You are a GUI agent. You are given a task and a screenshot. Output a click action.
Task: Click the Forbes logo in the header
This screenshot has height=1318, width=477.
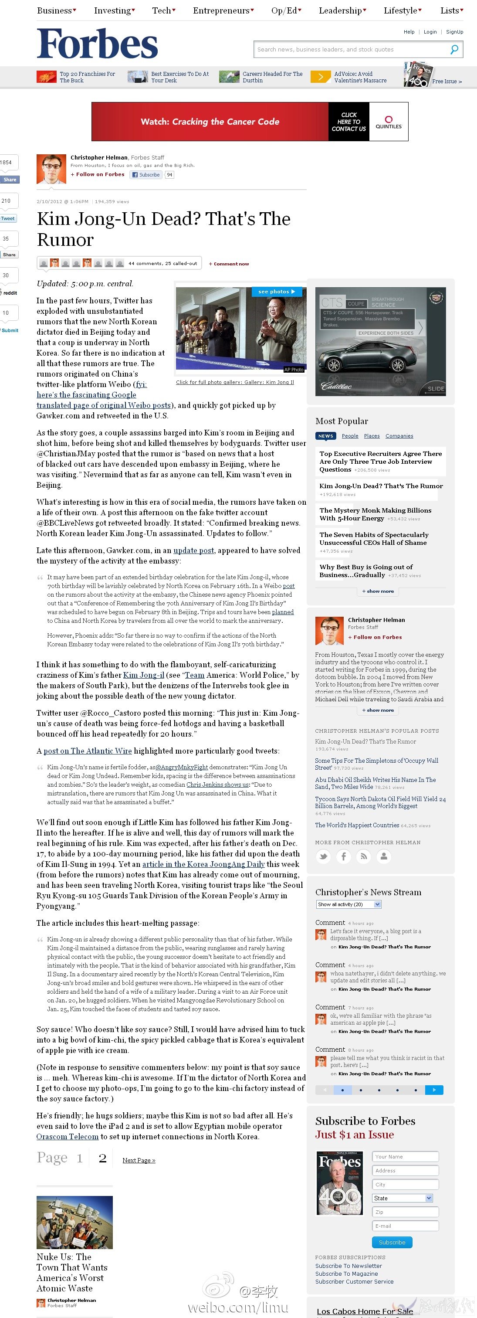(97, 44)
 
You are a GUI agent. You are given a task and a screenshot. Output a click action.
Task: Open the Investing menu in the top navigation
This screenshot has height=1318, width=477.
(114, 11)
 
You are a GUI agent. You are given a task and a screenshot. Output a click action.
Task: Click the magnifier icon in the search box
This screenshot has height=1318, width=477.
(454, 50)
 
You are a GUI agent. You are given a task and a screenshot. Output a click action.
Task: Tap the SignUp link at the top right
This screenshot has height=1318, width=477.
(454, 32)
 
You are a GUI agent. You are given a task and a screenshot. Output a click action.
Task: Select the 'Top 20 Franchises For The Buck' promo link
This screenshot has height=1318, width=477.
(87, 77)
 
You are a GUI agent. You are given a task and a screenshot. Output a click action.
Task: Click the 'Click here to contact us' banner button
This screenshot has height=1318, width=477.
(348, 122)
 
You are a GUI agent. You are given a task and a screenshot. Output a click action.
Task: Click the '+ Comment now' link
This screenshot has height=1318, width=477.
(229, 264)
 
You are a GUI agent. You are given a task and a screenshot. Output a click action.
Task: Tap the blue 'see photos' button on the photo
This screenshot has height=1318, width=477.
(277, 292)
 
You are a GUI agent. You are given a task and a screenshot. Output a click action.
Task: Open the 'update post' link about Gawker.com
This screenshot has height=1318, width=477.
(194, 550)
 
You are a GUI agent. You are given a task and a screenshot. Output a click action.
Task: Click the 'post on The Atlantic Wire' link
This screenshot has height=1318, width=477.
(88, 751)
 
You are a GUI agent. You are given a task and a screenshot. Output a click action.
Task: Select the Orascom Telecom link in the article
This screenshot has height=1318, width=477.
(68, 1136)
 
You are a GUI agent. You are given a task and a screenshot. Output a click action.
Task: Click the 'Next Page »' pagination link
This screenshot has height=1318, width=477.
(139, 1160)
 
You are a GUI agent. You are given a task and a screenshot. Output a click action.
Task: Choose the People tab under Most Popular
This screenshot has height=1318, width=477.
(350, 436)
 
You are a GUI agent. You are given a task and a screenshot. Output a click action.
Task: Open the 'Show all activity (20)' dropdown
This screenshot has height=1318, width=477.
(348, 904)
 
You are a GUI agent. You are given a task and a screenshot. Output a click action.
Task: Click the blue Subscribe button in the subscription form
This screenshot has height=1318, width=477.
(392, 1242)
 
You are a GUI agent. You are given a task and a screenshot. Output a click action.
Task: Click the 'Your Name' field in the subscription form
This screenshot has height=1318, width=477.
(405, 1156)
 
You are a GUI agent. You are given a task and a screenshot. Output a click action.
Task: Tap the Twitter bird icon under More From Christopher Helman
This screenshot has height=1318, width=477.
(323, 856)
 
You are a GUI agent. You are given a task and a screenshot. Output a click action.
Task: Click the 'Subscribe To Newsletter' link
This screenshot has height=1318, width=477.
(348, 1266)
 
